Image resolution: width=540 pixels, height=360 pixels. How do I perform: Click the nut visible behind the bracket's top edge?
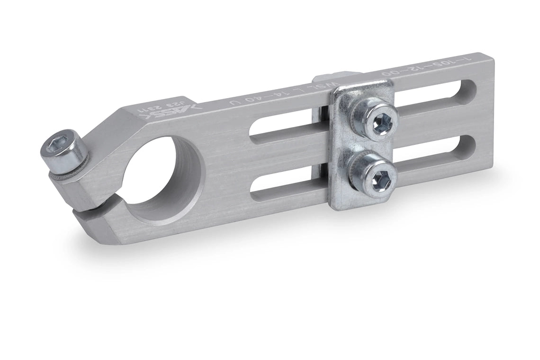[x=332, y=79]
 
